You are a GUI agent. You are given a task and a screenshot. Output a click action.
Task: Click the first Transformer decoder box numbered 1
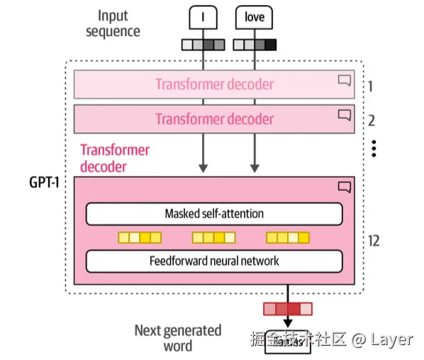click(x=214, y=84)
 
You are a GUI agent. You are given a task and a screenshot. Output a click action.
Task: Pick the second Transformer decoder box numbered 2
click(x=214, y=118)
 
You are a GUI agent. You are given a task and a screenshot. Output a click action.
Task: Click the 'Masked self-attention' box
click(x=214, y=213)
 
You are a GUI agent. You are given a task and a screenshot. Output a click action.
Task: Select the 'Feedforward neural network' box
click(x=214, y=261)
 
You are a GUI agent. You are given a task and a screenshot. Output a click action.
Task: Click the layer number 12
click(x=374, y=241)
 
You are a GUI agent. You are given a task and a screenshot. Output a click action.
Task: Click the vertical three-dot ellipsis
click(x=374, y=148)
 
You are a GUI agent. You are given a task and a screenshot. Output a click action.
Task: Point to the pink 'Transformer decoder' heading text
click(x=114, y=158)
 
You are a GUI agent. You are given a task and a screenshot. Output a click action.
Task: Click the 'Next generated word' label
click(x=178, y=338)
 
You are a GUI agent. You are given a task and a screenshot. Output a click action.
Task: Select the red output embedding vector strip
click(x=287, y=308)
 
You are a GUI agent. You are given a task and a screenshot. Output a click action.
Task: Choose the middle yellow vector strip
click(x=213, y=237)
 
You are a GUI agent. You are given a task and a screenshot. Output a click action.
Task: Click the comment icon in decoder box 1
click(x=345, y=80)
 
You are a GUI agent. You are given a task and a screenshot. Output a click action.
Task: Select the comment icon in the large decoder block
click(x=345, y=187)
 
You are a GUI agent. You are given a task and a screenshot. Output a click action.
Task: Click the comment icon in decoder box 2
click(x=345, y=114)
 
